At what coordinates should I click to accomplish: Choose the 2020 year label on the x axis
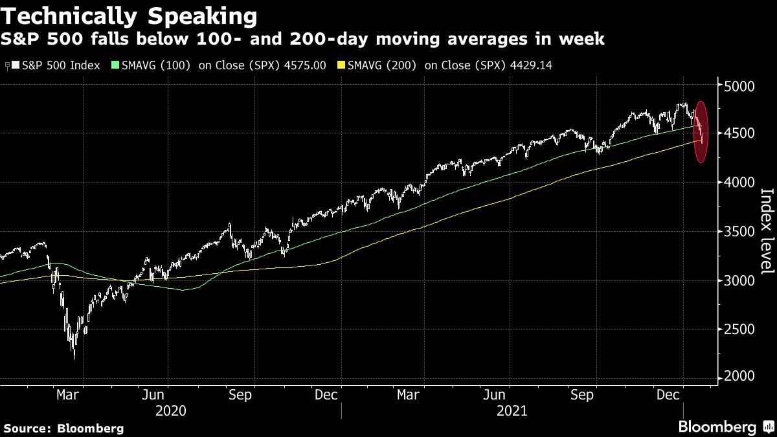[171, 411]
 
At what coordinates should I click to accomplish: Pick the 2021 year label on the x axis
[512, 411]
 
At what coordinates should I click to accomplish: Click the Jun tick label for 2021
[494, 394]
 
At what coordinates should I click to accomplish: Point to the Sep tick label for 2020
[240, 394]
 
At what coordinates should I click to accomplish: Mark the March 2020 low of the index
[74, 357]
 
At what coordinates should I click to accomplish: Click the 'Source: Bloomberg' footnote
[63, 428]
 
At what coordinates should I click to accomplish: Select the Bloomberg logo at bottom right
[725, 427]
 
